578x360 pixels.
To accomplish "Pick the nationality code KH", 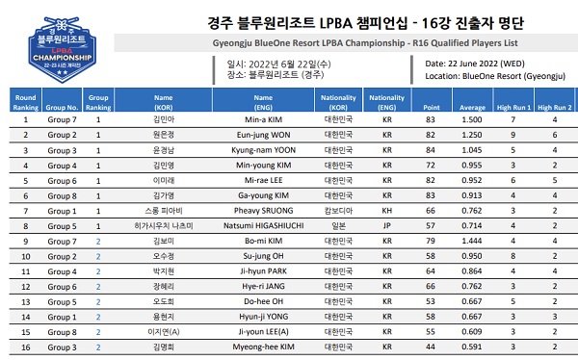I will pos(387,210).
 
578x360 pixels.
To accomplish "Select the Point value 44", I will pos(432,346).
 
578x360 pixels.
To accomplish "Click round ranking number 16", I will pos(27,346).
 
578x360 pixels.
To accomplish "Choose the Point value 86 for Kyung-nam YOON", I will pos(432,151).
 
